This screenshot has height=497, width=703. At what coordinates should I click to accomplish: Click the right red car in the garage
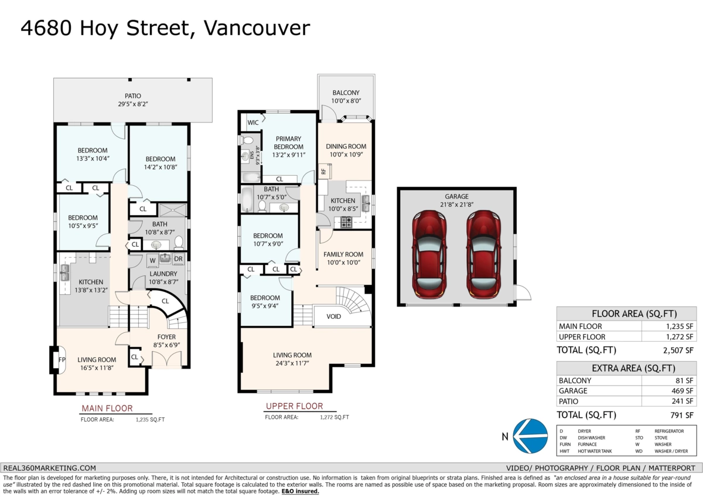483,253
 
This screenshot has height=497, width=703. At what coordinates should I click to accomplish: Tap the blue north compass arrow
530,437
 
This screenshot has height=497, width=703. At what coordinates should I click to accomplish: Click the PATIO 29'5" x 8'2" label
132,100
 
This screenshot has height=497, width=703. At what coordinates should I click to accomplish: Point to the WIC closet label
253,122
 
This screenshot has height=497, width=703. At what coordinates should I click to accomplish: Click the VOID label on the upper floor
333,316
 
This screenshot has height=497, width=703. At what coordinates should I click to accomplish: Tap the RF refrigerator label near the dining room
323,172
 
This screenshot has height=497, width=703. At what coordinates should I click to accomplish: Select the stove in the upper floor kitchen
346,222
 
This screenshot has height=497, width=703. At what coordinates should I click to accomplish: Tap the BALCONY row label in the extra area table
575,380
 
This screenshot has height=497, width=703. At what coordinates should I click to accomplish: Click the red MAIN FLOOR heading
107,408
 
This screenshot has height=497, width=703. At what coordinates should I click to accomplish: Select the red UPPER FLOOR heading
294,406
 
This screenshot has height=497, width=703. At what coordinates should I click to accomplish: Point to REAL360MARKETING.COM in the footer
49,468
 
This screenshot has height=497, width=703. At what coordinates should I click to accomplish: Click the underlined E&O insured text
300,491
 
